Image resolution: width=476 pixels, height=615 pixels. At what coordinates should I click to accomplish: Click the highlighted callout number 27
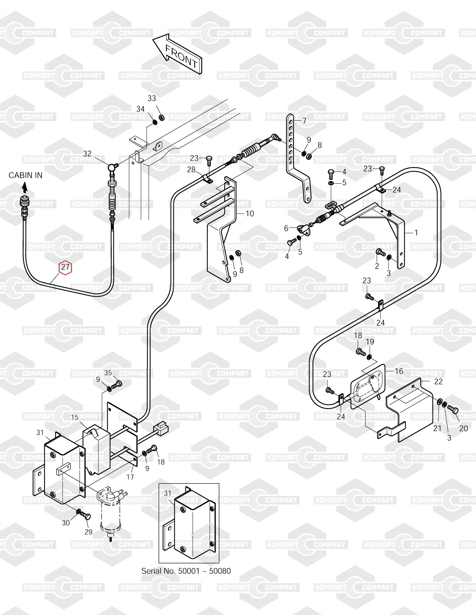coord(65,267)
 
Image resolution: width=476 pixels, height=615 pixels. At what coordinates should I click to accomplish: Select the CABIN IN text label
coord(26,175)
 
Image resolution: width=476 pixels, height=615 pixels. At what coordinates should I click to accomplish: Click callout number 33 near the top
coord(152,98)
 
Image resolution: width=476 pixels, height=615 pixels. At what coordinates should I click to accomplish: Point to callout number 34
coord(141,109)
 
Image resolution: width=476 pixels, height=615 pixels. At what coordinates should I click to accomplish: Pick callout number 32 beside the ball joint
coord(87,153)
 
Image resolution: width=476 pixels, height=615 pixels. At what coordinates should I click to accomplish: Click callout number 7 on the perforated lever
coord(305,121)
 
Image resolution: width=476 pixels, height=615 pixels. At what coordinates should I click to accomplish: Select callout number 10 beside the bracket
coord(250,213)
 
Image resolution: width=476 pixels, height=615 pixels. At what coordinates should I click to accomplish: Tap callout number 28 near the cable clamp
coord(191,169)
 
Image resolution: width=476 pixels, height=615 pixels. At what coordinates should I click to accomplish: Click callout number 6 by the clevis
coord(286,228)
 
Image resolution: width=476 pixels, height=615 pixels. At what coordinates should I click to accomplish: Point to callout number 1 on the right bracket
coord(416,233)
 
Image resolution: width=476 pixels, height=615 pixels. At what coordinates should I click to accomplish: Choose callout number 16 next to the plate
coord(399,371)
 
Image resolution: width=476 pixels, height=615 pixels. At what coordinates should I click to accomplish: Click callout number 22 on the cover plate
coord(438,381)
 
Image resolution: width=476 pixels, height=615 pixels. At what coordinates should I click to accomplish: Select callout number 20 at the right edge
coord(463,428)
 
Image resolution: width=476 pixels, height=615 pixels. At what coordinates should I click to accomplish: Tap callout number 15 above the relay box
coord(75,418)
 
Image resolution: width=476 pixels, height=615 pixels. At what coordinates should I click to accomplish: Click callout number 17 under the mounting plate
coord(130,477)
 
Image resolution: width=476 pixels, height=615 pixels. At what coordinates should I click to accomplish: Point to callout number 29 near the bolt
coord(88,532)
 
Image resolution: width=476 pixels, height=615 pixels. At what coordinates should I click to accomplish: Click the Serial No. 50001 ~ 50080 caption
coord(186,571)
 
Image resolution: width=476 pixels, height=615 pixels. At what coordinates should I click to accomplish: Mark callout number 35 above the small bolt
coord(108,373)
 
